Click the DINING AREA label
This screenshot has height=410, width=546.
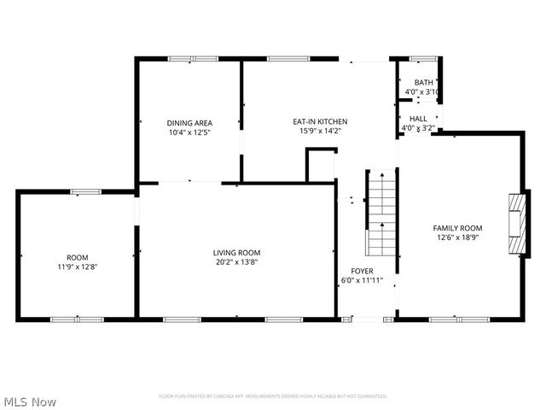pos(189,122)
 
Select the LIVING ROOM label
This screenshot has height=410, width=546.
pos(236,253)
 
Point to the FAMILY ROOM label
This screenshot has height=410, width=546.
pos(457,228)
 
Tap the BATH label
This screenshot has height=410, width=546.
pos(423,83)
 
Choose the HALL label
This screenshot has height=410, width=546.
pos(418,119)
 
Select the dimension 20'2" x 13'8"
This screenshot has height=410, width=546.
pos(236,262)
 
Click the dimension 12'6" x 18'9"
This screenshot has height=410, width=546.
pos(457,238)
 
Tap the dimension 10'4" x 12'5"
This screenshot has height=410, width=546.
pos(189,132)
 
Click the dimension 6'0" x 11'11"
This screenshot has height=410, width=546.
pos(362,280)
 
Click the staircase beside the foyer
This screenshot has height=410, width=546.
pos(381,214)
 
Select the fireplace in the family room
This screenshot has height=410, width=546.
pos(517,224)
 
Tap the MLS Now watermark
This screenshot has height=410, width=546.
pos(31,401)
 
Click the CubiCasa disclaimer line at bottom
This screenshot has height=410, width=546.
pos(273,396)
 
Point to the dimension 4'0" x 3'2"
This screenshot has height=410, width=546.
pos(418,128)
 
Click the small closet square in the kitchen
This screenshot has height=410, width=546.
pos(322,165)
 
